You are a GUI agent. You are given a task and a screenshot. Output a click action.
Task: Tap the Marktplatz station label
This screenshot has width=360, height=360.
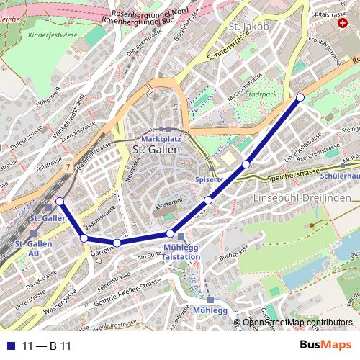tap(161, 138)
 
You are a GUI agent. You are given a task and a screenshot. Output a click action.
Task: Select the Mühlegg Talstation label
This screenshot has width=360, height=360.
tap(181, 252)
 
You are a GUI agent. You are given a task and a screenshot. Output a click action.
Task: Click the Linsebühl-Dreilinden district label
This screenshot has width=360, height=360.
tap(302, 197)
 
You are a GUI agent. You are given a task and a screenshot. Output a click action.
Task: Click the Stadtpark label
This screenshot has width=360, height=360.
tap(260, 94)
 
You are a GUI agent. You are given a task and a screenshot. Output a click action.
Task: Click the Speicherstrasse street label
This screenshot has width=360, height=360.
tap(293, 174)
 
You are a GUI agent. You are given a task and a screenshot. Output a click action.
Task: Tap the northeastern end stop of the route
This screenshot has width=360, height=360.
tap(300, 97)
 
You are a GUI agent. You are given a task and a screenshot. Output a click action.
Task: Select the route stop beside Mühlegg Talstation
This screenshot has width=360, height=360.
tap(170, 233)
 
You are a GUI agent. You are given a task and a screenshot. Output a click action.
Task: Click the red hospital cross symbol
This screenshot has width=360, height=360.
tap(342, 22)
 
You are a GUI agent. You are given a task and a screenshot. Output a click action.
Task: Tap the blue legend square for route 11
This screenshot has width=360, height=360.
tap(10, 346)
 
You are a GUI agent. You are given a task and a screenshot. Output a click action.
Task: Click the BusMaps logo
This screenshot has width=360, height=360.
tap(325, 346)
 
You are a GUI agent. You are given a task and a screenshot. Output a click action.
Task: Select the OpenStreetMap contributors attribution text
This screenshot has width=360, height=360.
tap(297, 323)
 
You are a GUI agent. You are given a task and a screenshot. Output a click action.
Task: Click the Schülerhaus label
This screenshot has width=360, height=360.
tap(341, 175)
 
